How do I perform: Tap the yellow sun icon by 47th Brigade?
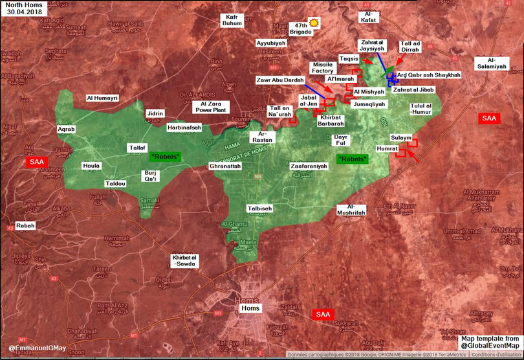tap(315, 23)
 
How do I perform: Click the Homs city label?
tap(250, 308)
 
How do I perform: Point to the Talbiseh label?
tap(259, 208)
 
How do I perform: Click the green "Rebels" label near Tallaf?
tap(166, 157)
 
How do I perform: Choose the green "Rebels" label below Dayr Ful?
tap(353, 159)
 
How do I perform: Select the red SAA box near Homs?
tap(323, 315)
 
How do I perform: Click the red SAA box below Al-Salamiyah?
tap(488, 118)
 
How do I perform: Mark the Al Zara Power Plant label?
tap(213, 106)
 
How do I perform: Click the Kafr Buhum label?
tap(231, 20)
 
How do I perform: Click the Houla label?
tap(91, 166)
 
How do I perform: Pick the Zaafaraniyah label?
tap(309, 166)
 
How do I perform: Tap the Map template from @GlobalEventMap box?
tap(489, 343)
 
